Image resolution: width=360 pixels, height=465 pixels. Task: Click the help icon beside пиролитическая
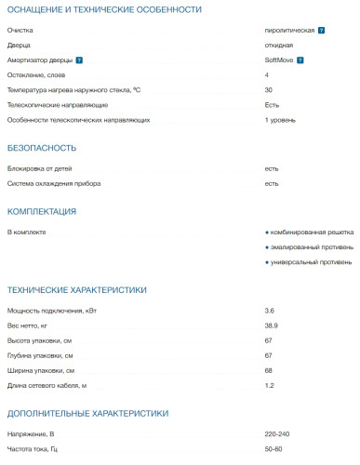pos(321,30)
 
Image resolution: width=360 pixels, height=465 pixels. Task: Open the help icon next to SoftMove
pos(300,60)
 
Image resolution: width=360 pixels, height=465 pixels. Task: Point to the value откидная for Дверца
pos(278,45)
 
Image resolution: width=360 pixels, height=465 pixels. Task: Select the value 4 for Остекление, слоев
pos(267,74)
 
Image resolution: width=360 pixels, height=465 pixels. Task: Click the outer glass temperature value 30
pos(269,89)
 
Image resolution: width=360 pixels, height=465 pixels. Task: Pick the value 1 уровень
pos(280,120)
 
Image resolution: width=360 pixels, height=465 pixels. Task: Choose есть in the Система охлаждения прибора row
pos(272,183)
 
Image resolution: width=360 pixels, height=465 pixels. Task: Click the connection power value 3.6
pos(270,310)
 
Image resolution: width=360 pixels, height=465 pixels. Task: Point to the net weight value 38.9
pos(272,325)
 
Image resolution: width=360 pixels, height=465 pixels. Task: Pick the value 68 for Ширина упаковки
pos(269,370)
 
